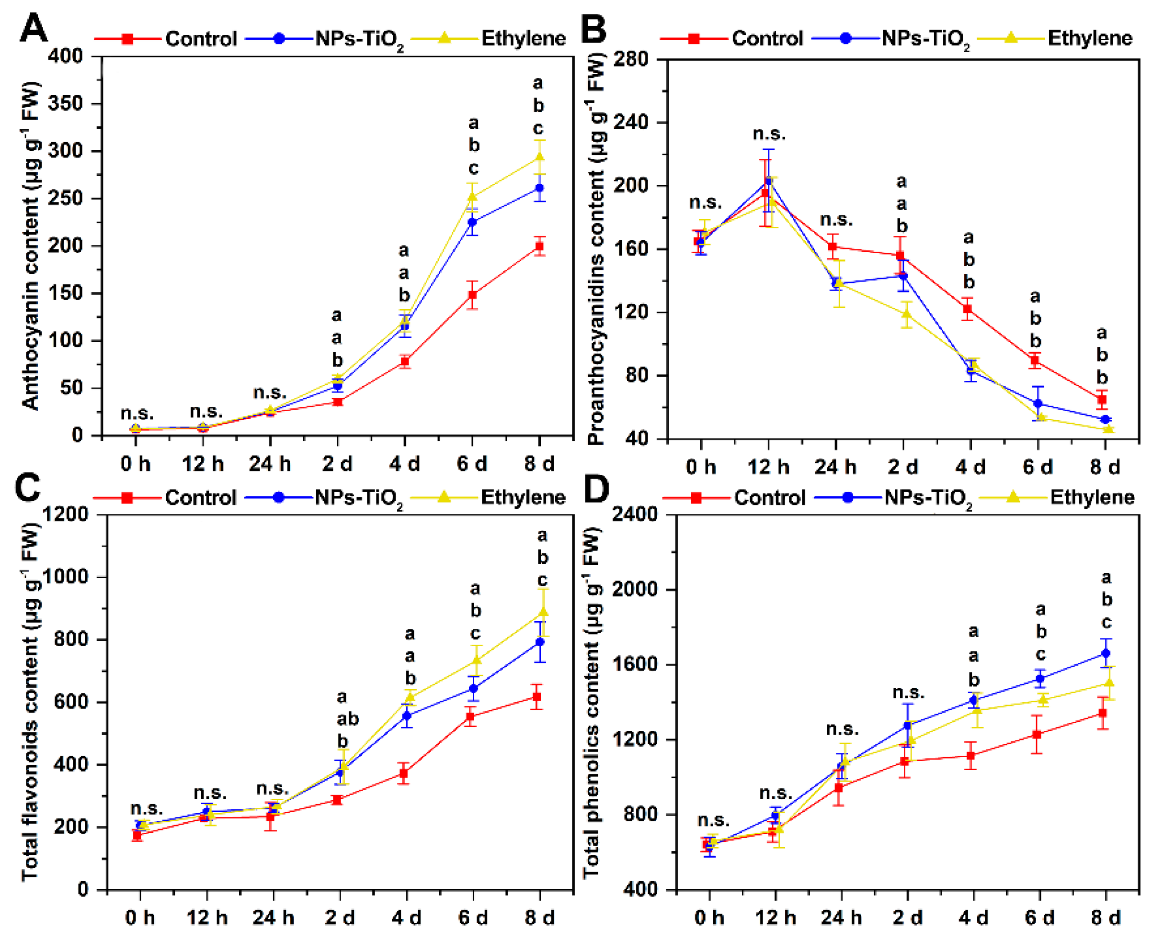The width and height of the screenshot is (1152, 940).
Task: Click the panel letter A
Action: click(x=34, y=28)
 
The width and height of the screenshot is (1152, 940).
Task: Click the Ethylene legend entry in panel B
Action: click(x=1089, y=38)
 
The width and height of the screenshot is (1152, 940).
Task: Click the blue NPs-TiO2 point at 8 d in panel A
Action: click(x=540, y=188)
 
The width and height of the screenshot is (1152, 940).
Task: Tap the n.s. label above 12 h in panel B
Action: click(x=769, y=134)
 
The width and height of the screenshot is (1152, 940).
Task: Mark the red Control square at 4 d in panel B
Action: click(x=967, y=309)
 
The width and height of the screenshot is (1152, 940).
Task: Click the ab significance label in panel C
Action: click(x=347, y=718)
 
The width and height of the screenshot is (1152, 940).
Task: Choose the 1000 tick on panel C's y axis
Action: click(x=65, y=577)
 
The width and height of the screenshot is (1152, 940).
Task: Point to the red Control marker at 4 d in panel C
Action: click(x=404, y=773)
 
